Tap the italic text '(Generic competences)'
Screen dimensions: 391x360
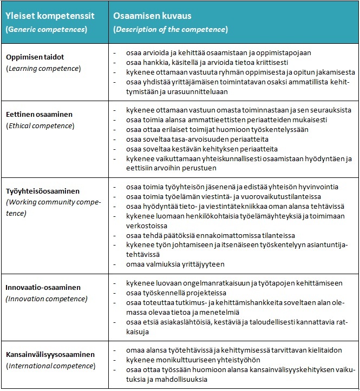click(45, 29)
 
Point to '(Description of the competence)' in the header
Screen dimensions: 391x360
click(170, 29)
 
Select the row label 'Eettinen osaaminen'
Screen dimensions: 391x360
click(39, 115)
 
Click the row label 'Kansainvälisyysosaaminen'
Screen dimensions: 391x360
click(50, 355)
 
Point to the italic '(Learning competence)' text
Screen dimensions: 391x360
click(43, 68)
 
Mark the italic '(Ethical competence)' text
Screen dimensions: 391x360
click(41, 125)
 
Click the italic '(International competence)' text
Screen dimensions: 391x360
click(50, 366)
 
